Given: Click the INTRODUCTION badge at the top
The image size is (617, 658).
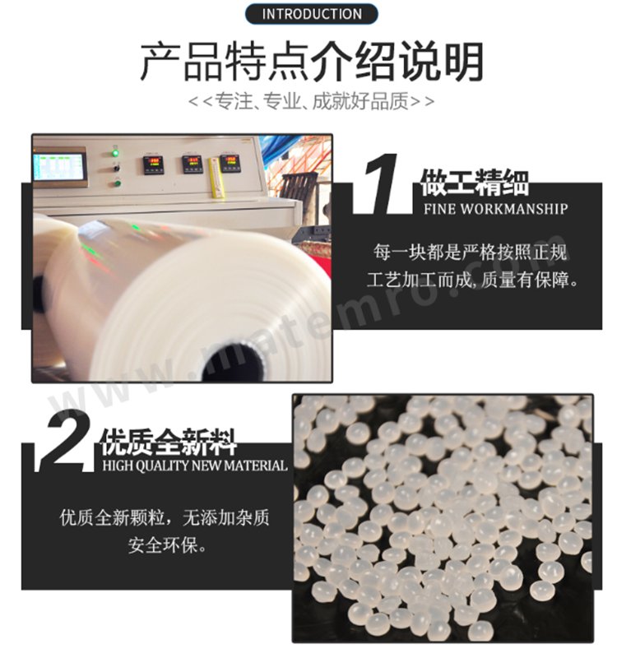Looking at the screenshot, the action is tap(311, 14).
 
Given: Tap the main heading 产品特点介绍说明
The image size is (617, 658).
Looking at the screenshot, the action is tap(312, 63).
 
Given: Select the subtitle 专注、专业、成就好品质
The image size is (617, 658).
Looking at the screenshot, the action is tap(312, 101).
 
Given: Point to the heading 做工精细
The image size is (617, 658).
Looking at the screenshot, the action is tap(475, 183).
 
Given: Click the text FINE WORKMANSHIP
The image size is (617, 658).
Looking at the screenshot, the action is tap(496, 209).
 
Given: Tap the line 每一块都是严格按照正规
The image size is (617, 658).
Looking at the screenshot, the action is tap(470, 253).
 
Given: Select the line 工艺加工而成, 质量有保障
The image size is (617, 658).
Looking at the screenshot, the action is tap(472, 280).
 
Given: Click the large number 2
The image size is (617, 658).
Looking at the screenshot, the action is tap(67, 441).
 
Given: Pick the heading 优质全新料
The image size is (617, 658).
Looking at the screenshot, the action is tap(169, 442).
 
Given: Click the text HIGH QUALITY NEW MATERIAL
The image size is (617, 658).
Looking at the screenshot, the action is tap(195, 466).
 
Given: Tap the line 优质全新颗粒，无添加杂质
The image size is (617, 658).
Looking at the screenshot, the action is tap(164, 517).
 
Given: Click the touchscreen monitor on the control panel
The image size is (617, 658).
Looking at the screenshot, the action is tap(59, 167).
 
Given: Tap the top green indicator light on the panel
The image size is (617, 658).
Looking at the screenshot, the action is tap(114, 153).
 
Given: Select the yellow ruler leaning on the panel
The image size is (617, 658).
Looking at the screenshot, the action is tap(216, 177).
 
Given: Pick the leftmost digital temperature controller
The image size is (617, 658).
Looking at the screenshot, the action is tap(154, 165).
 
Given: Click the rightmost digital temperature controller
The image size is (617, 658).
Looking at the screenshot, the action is tap(230, 163).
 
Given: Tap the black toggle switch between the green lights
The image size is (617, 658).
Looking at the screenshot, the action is tap(116, 169).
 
